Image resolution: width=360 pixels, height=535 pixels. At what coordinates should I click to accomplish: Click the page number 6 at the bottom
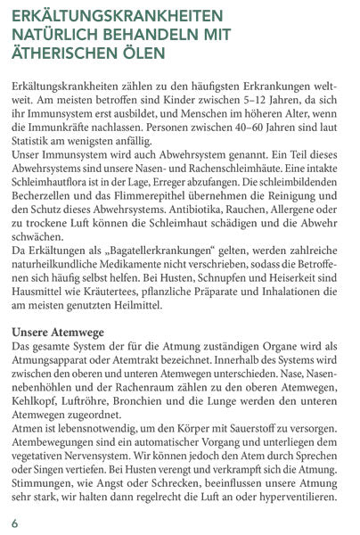coord(14,521)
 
